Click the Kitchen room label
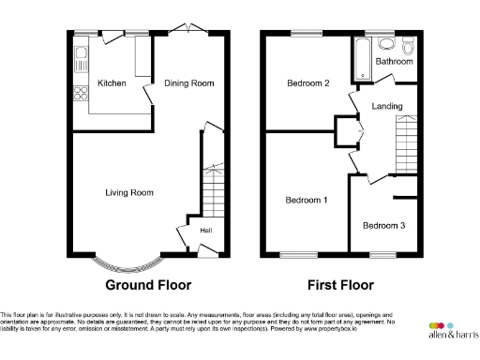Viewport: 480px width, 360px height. (112, 83)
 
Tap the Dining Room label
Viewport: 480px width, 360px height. (189, 83)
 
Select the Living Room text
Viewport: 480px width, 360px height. (128, 193)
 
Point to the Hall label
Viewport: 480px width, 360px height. (204, 230)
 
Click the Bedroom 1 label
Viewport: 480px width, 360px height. (307, 200)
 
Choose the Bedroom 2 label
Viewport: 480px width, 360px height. (307, 83)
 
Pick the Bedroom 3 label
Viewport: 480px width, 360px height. (384, 225)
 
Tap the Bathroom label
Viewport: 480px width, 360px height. (394, 62)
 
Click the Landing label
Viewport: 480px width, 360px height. (386, 106)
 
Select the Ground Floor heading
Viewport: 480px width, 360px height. (148, 285)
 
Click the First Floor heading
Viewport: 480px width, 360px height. (340, 285)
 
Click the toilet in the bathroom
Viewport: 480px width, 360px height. (406, 47)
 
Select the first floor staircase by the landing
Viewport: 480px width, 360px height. (404, 145)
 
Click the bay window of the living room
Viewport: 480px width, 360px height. (128, 264)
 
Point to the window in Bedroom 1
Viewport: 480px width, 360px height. (299, 254)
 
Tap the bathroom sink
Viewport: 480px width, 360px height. (384, 44)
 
